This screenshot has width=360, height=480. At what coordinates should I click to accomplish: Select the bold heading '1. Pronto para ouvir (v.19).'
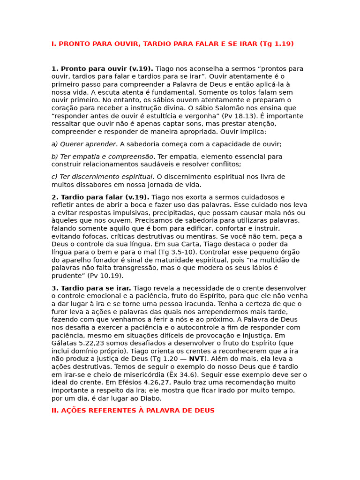click(102, 69)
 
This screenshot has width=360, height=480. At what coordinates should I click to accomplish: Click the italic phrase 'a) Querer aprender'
click(83, 144)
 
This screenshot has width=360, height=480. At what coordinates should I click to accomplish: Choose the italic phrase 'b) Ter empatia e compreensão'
click(102, 157)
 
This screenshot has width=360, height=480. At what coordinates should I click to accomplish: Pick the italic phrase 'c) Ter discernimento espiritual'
click(102, 177)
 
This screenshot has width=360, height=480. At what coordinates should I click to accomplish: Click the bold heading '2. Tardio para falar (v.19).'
click(100, 197)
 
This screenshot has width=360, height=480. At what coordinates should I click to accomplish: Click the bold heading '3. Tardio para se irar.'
click(91, 288)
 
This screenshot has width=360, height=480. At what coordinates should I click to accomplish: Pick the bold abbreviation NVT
click(196, 359)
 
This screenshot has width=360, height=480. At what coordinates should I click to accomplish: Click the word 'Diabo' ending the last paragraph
click(151, 398)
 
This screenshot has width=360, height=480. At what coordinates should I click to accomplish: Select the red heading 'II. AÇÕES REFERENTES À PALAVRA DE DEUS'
click(133, 411)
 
